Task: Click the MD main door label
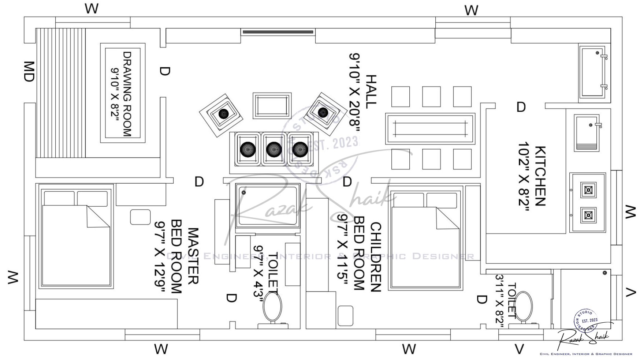29,72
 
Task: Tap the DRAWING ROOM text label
127,94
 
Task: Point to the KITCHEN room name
540,176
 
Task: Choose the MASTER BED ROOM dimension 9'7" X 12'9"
160,257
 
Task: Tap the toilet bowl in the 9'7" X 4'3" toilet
272,308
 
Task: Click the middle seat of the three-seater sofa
274,149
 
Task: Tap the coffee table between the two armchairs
272,106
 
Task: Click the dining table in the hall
430,128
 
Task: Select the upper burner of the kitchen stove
588,190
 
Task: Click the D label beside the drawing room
165,71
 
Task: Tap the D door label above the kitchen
521,107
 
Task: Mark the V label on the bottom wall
519,349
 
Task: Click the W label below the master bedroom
161,349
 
